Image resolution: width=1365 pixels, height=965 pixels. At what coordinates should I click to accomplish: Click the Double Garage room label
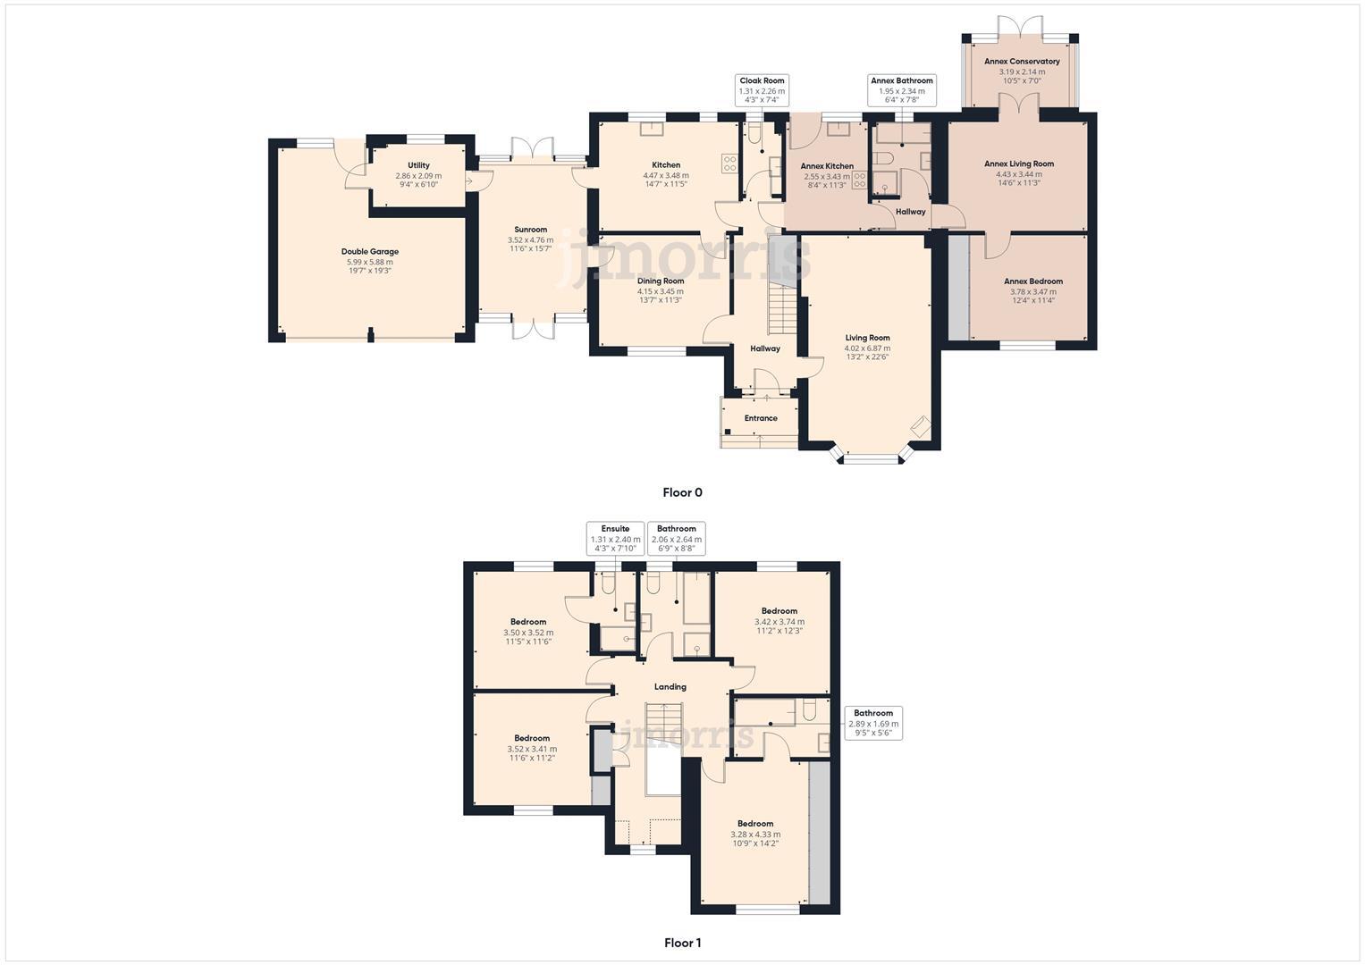369,252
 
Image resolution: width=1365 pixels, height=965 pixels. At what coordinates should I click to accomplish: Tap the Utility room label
418,165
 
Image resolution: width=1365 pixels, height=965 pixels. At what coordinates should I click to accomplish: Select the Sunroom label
531,230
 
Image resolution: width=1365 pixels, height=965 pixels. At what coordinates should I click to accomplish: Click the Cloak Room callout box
762,90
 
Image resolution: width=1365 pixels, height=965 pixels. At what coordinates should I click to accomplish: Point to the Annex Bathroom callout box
901,90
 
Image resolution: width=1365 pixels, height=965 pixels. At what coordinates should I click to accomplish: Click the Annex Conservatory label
1022,62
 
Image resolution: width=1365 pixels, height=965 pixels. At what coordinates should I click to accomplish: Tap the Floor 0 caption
682,492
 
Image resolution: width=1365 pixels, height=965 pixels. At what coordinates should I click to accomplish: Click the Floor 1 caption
682,943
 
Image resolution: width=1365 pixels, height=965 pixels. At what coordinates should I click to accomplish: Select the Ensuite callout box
615,539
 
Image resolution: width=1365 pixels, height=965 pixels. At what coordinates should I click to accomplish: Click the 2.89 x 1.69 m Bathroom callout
872,723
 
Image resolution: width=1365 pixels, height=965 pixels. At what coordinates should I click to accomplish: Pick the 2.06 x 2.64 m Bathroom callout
676,539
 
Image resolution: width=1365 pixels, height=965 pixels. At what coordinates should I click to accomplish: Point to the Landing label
670,687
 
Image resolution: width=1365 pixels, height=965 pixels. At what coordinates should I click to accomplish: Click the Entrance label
761,418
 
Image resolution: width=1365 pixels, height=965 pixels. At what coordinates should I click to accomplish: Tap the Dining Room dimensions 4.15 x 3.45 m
661,291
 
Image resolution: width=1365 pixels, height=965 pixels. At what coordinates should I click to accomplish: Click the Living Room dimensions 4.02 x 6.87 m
867,348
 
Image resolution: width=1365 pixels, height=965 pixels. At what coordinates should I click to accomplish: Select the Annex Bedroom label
1032,281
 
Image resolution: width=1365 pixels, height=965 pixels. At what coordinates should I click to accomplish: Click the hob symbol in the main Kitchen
729,164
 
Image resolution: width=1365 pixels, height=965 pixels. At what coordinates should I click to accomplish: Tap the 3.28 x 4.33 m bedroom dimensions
754,835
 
